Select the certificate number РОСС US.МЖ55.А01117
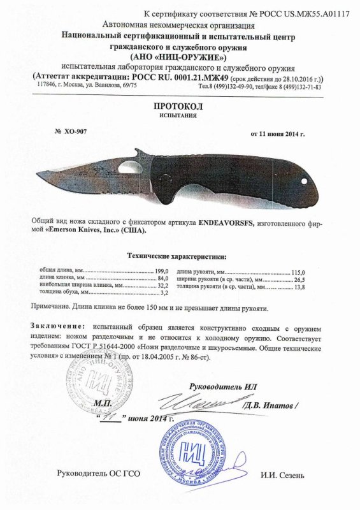pyautogui.click(x=300, y=13)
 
